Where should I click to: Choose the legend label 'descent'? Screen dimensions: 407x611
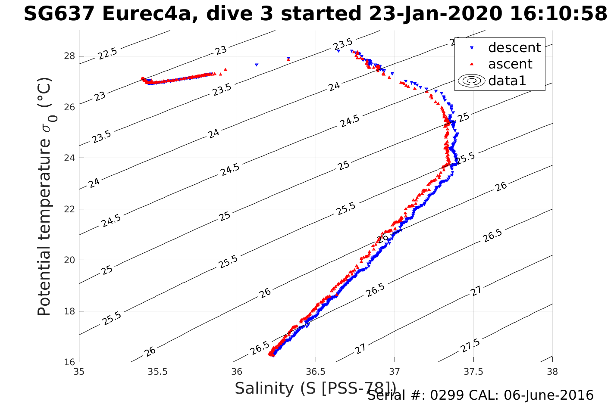514,47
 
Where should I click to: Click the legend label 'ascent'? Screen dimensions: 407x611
510,64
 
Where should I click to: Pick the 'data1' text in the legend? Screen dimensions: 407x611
507,81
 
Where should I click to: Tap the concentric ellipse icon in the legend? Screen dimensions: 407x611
471,81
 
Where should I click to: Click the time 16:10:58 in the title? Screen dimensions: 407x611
558,14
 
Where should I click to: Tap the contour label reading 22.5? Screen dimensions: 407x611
107,54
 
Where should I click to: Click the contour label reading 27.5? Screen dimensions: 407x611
470,346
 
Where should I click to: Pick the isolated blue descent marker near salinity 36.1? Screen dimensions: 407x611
257,65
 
